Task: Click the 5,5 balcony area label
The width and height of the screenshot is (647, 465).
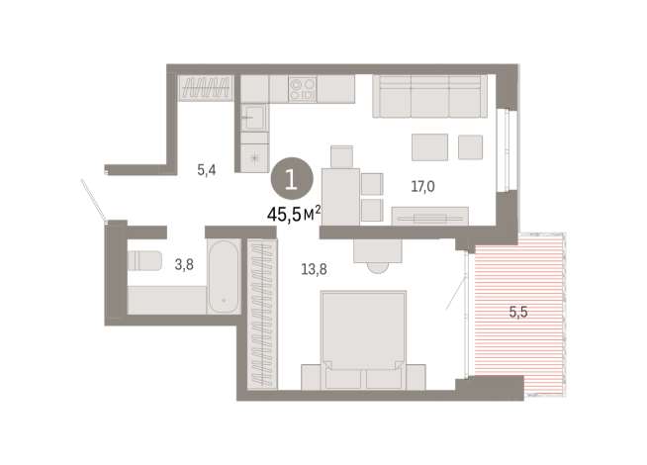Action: pyautogui.click(x=519, y=313)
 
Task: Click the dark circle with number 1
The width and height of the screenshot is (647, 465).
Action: pyautogui.click(x=291, y=180)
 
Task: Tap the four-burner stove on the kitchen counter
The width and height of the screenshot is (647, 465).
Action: pyautogui.click(x=302, y=90)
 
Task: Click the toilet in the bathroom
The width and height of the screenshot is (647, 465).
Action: pyautogui.click(x=144, y=261)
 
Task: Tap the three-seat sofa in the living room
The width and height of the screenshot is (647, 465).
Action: pyautogui.click(x=426, y=97)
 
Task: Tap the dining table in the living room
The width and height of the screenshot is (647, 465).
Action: pyautogui.click(x=341, y=194)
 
